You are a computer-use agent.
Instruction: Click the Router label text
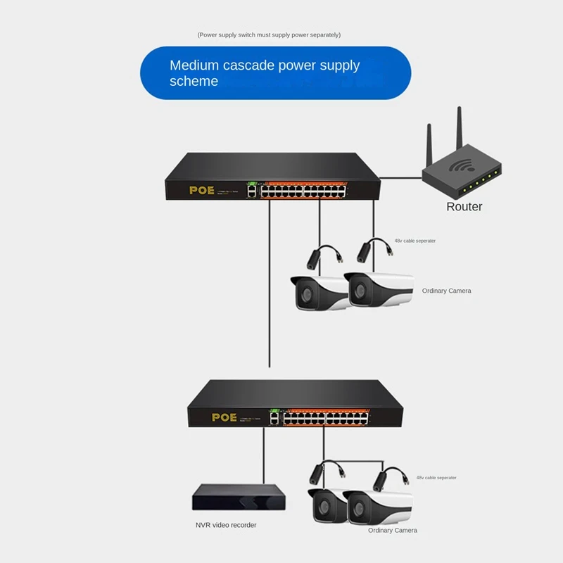(x=464, y=207)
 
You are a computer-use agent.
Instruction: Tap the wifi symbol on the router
(x=462, y=167)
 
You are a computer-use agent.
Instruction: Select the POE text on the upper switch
(x=201, y=190)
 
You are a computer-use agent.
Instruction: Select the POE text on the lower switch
(x=224, y=417)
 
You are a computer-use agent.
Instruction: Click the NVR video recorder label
(x=226, y=525)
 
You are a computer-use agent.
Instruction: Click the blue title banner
(x=276, y=73)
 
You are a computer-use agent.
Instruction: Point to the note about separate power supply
(x=270, y=34)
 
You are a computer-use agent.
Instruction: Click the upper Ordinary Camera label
(x=446, y=291)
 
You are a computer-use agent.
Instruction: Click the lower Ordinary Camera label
(x=392, y=530)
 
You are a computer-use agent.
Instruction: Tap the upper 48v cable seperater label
(x=415, y=241)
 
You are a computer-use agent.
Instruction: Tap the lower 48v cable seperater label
(x=436, y=477)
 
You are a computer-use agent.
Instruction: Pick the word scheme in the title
(x=194, y=82)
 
